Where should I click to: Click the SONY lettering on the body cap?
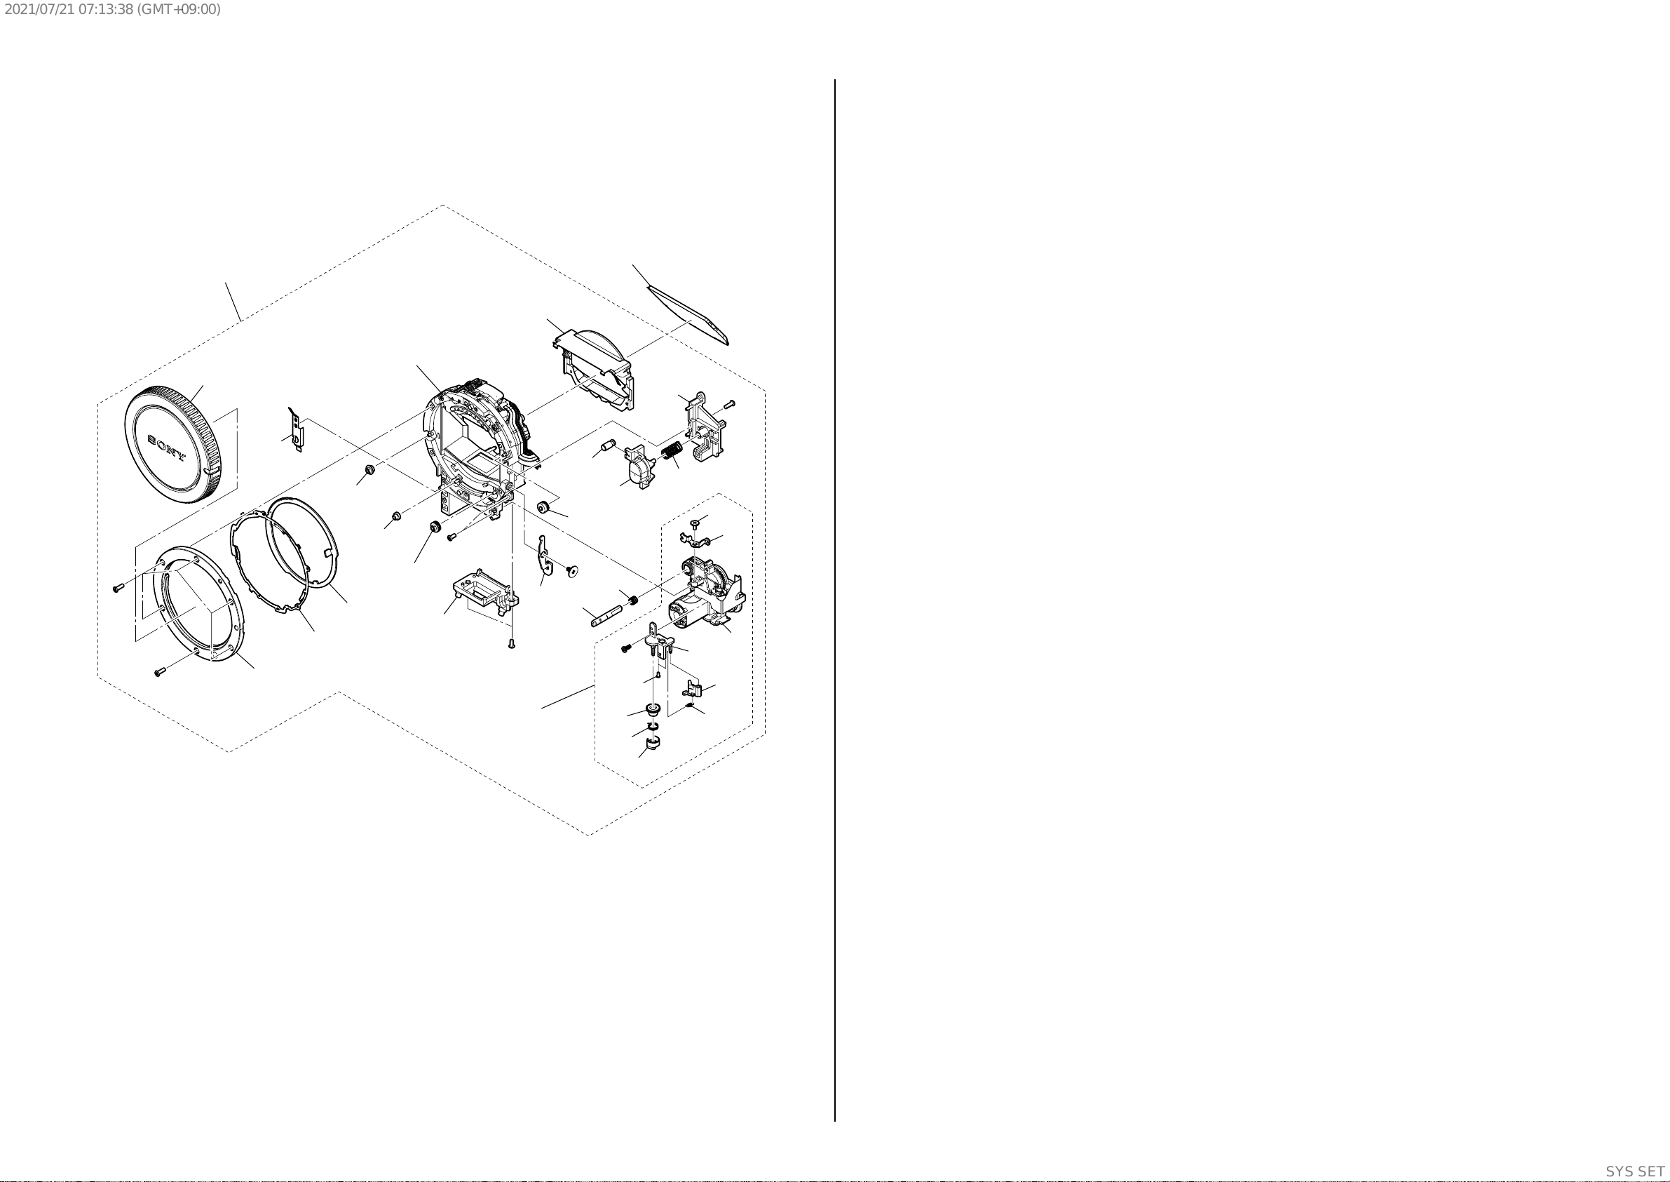coord(168,448)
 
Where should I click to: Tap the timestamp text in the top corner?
coord(112,9)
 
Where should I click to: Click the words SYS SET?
coord(1635,1171)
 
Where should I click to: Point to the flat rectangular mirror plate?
coord(687,314)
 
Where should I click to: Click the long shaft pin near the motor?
coord(605,614)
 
